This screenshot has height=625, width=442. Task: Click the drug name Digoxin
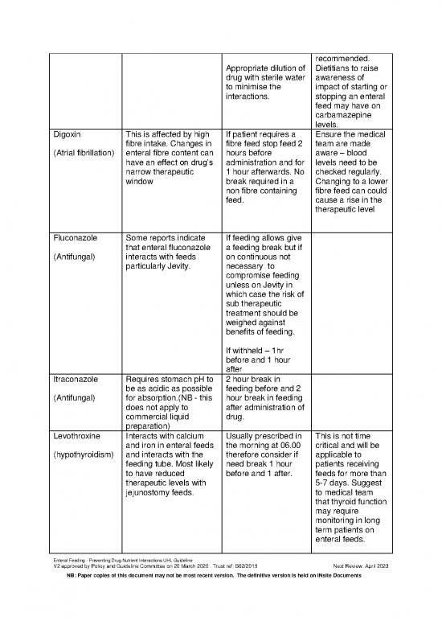65,134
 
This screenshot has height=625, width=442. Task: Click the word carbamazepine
348,113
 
